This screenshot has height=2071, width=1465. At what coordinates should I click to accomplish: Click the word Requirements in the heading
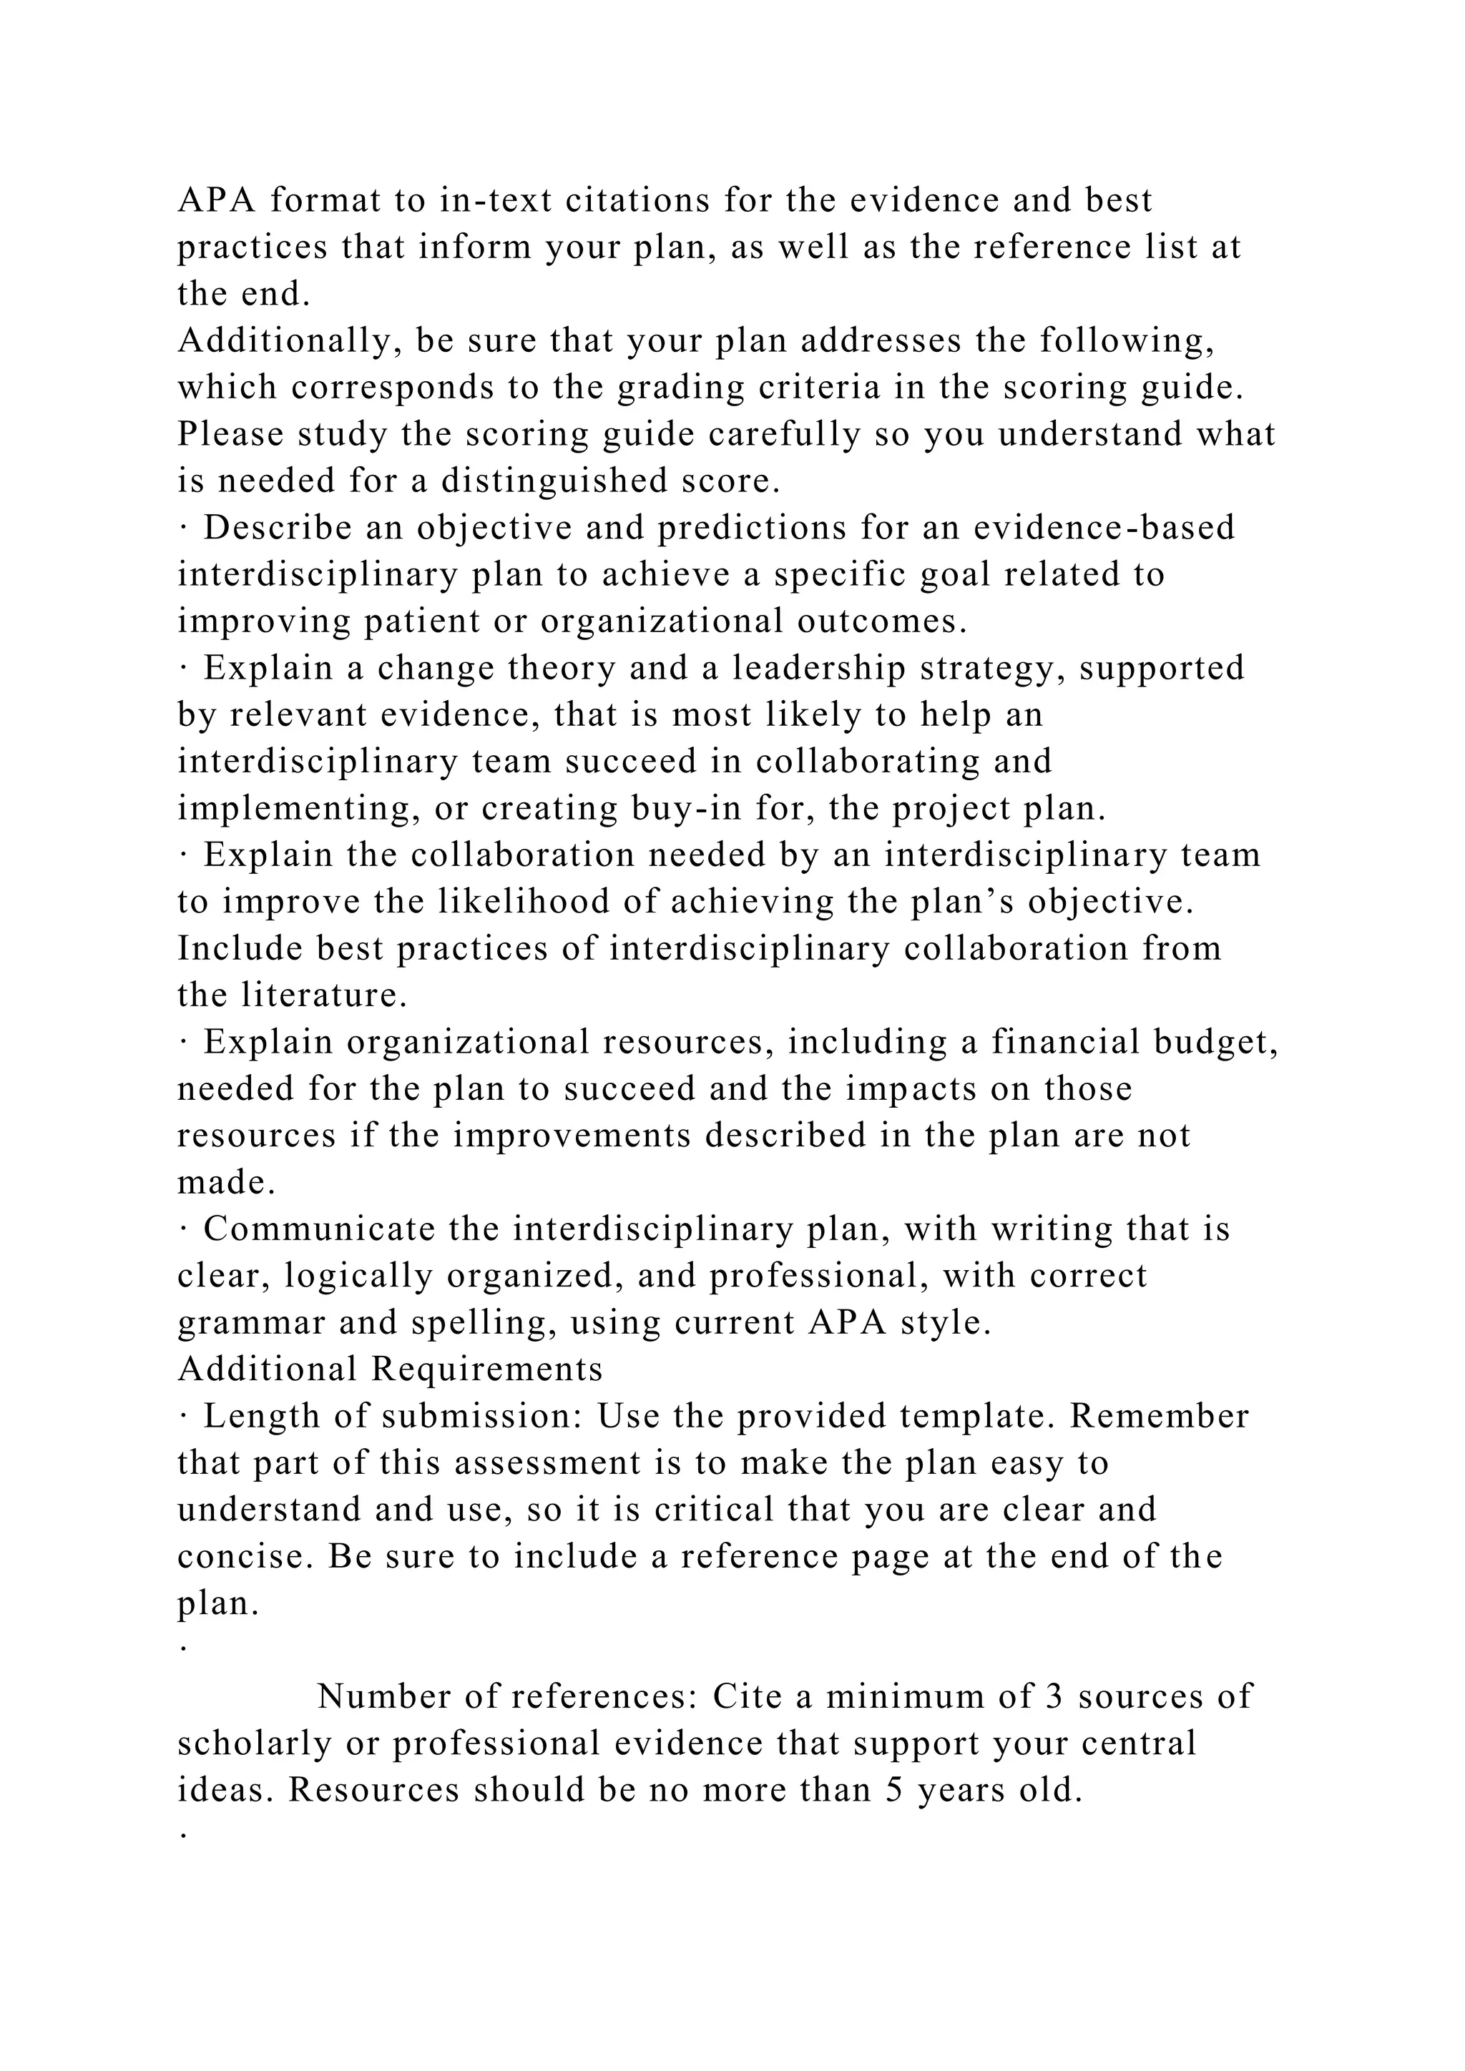(487, 1369)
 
